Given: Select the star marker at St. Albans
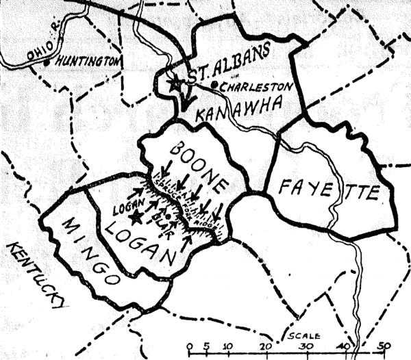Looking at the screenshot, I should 175,83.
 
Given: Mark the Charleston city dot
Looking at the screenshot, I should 214,85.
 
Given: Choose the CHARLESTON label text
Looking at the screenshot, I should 257,86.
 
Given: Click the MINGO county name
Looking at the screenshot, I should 88,246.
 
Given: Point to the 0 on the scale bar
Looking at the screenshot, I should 189,346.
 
